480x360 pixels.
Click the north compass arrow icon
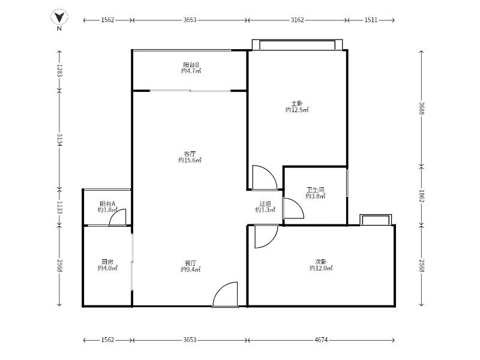pyautogui.click(x=59, y=17)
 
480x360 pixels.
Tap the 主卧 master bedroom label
pyautogui.click(x=297, y=103)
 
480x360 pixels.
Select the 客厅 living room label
pyautogui.click(x=190, y=154)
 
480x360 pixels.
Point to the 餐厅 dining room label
pyautogui.click(x=190, y=263)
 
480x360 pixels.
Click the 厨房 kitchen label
pyautogui.click(x=107, y=262)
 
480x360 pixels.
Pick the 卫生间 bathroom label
pyautogui.click(x=316, y=190)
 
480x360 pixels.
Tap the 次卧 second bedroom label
pyautogui.click(x=321, y=262)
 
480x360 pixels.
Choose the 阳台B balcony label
pyautogui.click(x=191, y=65)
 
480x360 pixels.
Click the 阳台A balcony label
pyautogui.click(x=107, y=203)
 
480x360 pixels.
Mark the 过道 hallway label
pyautogui.click(x=265, y=203)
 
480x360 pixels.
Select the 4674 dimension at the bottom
pyautogui.click(x=321, y=340)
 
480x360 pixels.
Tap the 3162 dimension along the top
pyautogui.click(x=297, y=20)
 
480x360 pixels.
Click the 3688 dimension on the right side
pyautogui.click(x=422, y=109)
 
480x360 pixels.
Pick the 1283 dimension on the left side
pyautogui.click(x=59, y=71)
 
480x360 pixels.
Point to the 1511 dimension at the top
pyautogui.click(x=371, y=20)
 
